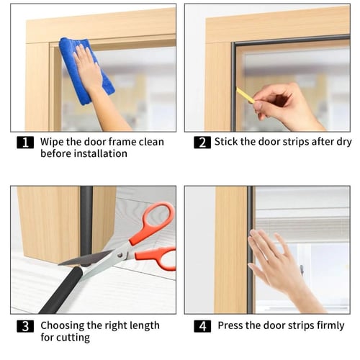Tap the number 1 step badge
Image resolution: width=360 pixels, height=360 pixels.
tap(25, 143)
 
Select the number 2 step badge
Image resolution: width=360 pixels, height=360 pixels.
tap(202, 143)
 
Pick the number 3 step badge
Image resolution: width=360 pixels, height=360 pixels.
tap(25, 326)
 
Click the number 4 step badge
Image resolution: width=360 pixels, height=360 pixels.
tap(202, 326)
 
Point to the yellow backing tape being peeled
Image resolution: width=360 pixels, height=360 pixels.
tap(246, 95)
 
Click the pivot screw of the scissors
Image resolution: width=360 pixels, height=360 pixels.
tap(120, 255)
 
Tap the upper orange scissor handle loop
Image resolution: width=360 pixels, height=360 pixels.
tap(153, 222)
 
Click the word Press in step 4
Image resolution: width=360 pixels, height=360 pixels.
tap(230, 325)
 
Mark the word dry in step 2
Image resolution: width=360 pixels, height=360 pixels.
tap(344, 142)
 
